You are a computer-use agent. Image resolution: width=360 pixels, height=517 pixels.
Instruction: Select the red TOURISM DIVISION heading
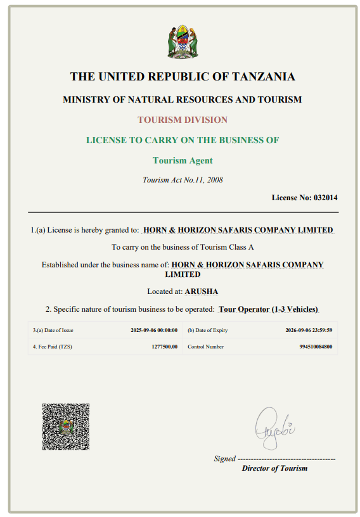[183, 120]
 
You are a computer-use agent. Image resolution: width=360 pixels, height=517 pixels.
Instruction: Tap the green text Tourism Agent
[183, 160]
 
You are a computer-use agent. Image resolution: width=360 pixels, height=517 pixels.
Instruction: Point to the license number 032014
[326, 197]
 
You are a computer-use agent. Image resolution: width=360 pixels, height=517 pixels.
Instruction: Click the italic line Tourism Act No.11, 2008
[183, 179]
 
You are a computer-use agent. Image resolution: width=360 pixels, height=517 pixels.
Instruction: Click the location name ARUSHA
[202, 291]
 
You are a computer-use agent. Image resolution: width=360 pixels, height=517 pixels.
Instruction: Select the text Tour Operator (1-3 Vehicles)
[267, 309]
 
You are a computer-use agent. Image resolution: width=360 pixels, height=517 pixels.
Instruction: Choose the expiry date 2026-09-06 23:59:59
[309, 330]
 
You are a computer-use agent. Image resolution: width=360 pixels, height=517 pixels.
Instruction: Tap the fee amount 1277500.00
[164, 347]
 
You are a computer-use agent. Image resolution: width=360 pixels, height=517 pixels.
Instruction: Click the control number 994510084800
[316, 347]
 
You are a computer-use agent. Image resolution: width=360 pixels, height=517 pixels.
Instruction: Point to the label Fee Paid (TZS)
[51, 347]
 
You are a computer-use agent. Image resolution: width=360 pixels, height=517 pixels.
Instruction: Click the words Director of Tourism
[274, 468]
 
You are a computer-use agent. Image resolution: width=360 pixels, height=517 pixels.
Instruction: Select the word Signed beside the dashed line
[224, 459]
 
